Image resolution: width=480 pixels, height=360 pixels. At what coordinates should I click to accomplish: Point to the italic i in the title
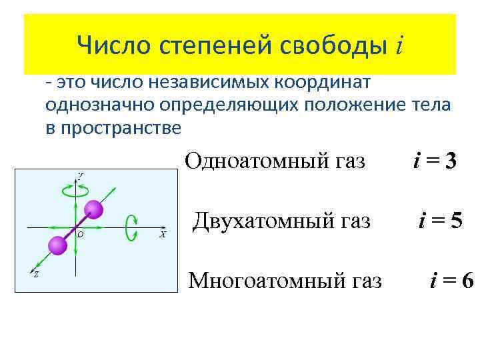[x=399, y=45]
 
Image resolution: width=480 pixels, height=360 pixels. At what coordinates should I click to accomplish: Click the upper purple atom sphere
[x=94, y=210]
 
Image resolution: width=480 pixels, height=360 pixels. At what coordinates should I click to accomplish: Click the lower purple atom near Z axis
[x=58, y=245]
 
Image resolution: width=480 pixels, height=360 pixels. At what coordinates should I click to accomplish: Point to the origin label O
[x=80, y=235]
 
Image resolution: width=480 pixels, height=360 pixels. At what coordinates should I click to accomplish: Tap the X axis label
[x=163, y=235]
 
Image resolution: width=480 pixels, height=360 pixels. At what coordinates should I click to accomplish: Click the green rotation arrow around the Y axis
[x=75, y=190]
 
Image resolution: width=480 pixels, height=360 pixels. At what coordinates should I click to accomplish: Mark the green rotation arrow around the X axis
[x=132, y=227]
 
